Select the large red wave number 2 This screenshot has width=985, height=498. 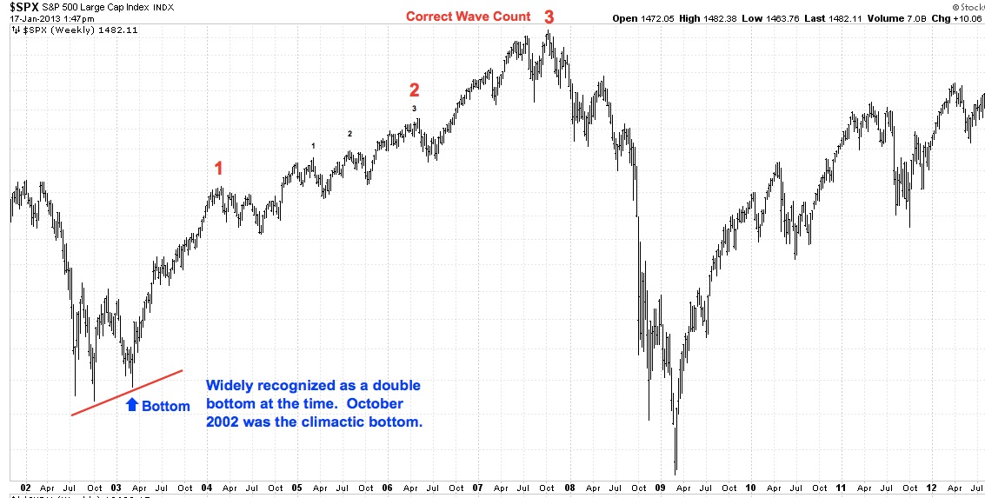414,90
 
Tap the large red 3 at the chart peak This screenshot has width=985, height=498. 549,17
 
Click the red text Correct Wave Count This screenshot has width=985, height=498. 468,17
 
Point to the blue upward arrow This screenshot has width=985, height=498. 132,404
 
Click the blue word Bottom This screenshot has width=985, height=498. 165,406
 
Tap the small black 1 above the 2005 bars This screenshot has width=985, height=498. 313,146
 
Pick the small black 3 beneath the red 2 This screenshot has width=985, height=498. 414,108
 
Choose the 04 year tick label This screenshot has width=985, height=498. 208,488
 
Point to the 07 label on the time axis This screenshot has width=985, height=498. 478,488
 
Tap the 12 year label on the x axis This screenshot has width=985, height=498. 929,488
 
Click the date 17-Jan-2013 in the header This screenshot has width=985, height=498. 32,18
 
